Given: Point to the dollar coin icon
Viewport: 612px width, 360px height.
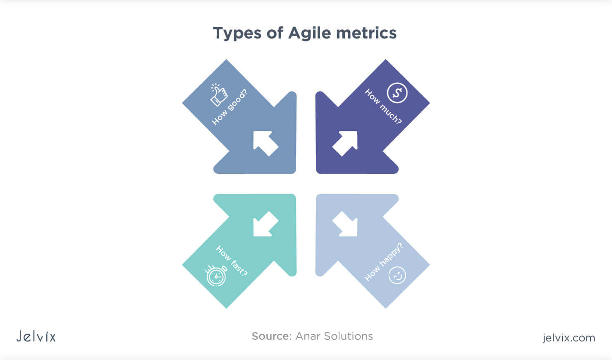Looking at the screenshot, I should coord(397,93).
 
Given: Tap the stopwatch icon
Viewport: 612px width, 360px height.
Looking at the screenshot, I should coord(216,276).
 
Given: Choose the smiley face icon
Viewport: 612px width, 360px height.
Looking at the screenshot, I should coord(397,275).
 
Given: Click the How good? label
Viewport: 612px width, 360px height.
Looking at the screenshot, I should coord(229,107).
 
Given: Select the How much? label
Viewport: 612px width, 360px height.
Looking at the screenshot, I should coord(383,107).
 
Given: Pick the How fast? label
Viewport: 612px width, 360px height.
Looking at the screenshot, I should coord(232,261).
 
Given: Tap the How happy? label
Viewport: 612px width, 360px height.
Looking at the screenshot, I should coord(383,262).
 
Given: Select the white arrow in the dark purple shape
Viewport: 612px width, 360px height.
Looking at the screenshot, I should coord(345,143).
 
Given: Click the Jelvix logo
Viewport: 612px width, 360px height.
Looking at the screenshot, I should coord(36,336).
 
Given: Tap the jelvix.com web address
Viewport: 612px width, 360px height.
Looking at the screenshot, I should coord(569,338).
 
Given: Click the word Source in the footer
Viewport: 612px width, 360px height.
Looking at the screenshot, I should coord(271,336).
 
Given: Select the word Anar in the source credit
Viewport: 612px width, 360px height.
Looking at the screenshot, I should coord(308,336).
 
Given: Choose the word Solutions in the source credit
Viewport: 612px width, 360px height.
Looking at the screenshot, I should coord(348,336).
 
